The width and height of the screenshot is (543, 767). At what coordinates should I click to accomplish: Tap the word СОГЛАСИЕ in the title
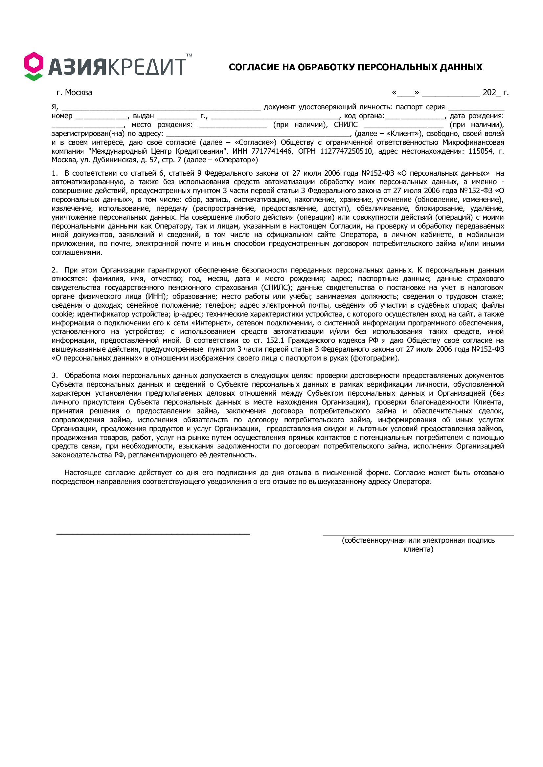[254, 67]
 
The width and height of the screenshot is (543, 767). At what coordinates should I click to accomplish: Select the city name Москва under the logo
[79, 93]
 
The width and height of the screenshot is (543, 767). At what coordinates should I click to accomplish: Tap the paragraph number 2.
[55, 270]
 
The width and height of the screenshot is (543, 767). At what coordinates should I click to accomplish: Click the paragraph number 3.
[55, 376]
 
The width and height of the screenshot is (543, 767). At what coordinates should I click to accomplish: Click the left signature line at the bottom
[153, 534]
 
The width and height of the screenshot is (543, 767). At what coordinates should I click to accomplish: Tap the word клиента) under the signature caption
[418, 549]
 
